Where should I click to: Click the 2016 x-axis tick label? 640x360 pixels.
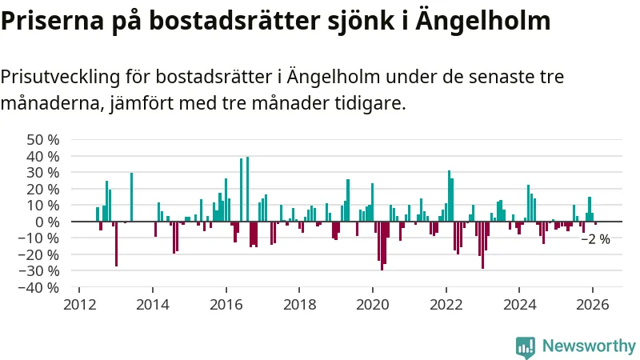226,305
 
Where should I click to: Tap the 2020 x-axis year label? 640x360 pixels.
373,305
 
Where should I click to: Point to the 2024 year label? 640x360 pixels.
519,305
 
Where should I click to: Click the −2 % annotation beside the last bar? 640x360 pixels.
596,239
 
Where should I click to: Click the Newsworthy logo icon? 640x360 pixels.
526,346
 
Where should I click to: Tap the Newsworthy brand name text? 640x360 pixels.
589,346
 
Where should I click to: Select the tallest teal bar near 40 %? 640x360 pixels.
247,190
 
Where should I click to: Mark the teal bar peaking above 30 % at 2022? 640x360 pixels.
449,196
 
